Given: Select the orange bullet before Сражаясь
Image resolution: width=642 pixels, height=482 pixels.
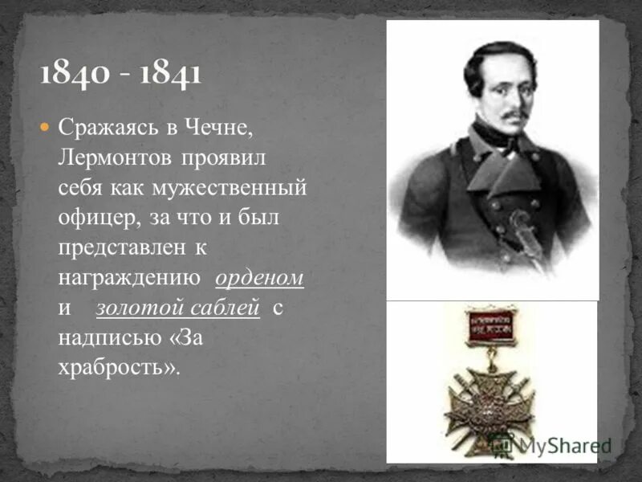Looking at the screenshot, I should coord(45,127).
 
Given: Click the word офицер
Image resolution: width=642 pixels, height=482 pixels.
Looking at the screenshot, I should coord(91,218).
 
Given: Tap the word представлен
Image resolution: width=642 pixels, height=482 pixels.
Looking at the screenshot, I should coord(120,248).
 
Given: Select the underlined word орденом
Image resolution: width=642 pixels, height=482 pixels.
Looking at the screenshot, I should coord(259,278).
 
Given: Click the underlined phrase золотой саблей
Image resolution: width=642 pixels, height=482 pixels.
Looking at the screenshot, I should coord(178,308).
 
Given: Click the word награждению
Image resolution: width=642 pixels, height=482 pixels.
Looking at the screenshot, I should coord(128,278).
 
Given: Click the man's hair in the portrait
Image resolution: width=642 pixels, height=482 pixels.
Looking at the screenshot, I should coord(494,56).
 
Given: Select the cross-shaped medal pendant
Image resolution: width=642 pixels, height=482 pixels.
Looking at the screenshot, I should coord(490,402).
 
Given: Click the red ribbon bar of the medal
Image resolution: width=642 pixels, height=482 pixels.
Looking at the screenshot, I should coord(491,326).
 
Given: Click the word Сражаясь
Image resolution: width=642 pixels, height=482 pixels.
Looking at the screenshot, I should coord(103,129).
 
